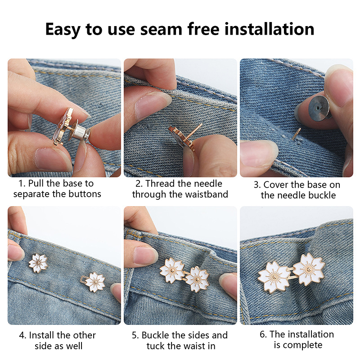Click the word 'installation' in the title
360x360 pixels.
click(269, 29)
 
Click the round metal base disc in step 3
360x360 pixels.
click(319, 108)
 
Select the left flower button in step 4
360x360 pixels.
click(38, 263)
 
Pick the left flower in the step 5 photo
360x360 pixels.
click(172, 270)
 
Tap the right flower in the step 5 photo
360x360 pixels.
click(197, 279)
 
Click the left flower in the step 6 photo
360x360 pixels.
click(274, 277)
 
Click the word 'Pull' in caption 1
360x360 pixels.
click(36, 184)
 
